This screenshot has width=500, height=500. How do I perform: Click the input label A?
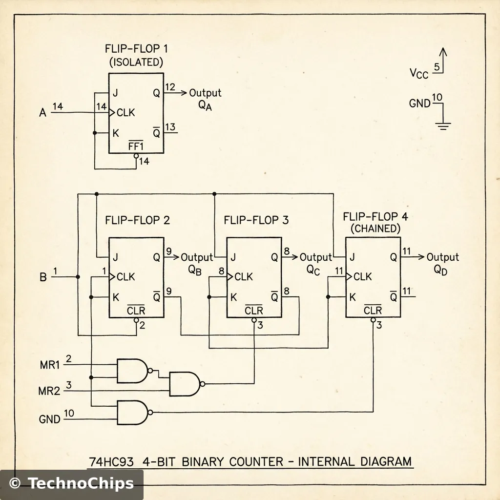pyautogui.click(x=42, y=113)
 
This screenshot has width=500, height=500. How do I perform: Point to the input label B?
pyautogui.click(x=42, y=277)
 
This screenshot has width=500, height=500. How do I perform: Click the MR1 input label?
pyautogui.click(x=49, y=364)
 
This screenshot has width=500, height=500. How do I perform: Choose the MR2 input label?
pyautogui.click(x=49, y=391)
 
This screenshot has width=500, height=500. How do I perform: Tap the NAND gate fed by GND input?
pyautogui.click(x=132, y=413)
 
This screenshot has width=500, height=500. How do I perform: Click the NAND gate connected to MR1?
pyautogui.click(x=132, y=371)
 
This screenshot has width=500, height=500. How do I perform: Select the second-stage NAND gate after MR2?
pyautogui.click(x=184, y=384)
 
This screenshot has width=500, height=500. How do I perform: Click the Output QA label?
pyautogui.click(x=205, y=98)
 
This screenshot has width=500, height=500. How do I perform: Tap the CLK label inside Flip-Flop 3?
pyautogui.click(x=244, y=277)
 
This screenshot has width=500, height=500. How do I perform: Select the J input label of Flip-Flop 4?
pyautogui.click(x=352, y=257)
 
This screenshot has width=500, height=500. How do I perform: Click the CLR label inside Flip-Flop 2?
pyautogui.click(x=135, y=311)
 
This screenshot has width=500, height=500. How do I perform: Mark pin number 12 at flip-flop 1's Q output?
pyautogui.click(x=170, y=87)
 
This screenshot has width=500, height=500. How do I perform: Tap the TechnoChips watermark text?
pyautogui.click(x=80, y=483)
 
